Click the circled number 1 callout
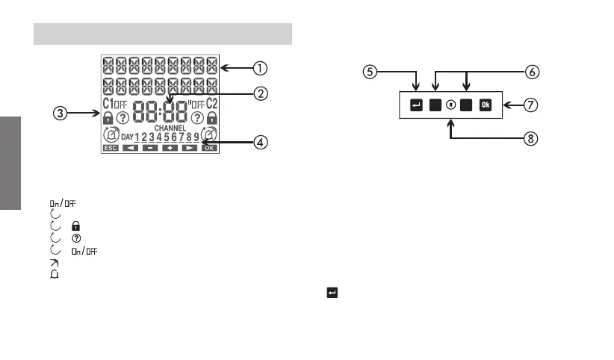click(258, 69)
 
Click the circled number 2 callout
click(259, 94)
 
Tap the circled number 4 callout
click(258, 142)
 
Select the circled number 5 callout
click(370, 72)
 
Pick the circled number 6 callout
click(532, 72)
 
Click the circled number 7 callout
click(532, 105)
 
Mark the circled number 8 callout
click(532, 138)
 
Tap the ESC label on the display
click(111, 149)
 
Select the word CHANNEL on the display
click(170, 128)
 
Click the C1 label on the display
click(108, 103)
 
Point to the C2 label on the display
click(211, 103)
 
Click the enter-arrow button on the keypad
click(416, 105)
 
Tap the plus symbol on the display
click(170, 149)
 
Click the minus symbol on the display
click(150, 149)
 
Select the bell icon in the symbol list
click(55, 274)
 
